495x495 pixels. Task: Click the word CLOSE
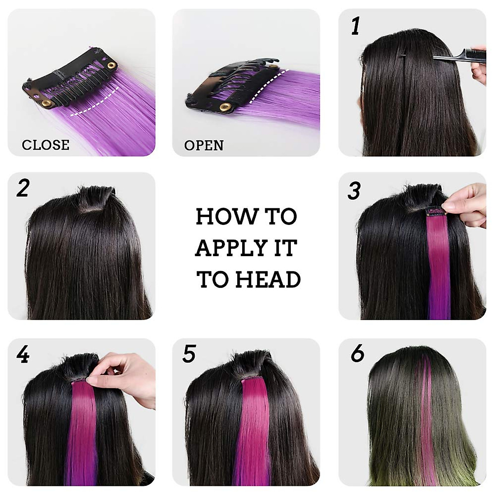[45, 145]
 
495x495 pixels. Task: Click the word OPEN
[204, 145]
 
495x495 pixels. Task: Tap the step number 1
[355, 26]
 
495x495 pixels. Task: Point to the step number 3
[354, 191]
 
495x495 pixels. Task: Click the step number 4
[23, 354]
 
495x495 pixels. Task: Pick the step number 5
[189, 354]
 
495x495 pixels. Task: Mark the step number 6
[357, 354]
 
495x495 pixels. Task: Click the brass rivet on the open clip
[225, 107]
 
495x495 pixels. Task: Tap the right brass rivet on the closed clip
[111, 65]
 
